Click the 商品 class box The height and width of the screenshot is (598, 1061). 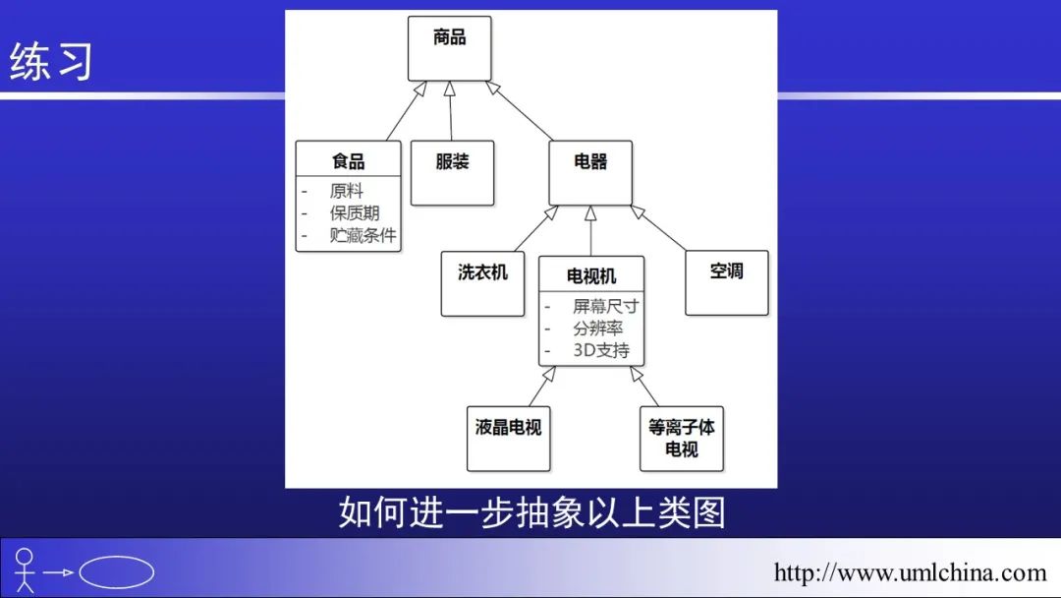(449, 48)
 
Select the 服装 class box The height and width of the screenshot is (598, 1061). (452, 173)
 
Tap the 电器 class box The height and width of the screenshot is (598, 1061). (589, 173)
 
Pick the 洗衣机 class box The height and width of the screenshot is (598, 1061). (482, 283)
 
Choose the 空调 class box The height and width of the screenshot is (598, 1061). (726, 283)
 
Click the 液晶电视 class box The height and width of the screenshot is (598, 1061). (508, 438)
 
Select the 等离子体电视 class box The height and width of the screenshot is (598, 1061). (681, 438)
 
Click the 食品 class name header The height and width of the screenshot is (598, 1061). (349, 160)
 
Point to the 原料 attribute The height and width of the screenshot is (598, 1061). (346, 192)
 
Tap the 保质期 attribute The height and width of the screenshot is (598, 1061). (355, 213)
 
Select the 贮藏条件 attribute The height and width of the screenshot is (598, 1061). (363, 235)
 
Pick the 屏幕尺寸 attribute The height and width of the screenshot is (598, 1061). (605, 307)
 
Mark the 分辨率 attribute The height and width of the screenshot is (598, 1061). (597, 329)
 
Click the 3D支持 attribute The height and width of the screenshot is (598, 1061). (600, 350)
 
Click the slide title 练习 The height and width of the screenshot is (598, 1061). (51, 61)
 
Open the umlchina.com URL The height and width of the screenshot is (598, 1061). (910, 572)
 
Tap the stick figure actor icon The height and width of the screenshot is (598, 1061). (25, 570)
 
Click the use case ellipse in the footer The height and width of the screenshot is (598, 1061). (116, 572)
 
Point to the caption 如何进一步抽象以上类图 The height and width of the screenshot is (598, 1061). (531, 512)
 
